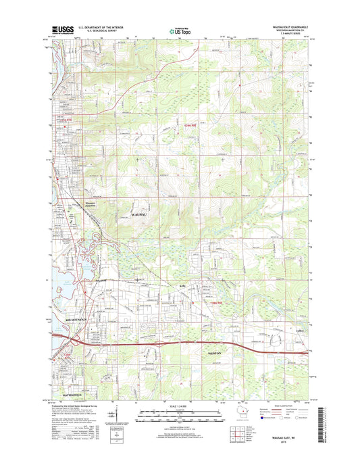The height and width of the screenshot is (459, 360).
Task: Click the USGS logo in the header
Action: pos(61,29)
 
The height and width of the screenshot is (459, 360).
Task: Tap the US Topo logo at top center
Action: pos(179,29)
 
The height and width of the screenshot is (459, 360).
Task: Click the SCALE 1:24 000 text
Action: pos(180,405)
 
